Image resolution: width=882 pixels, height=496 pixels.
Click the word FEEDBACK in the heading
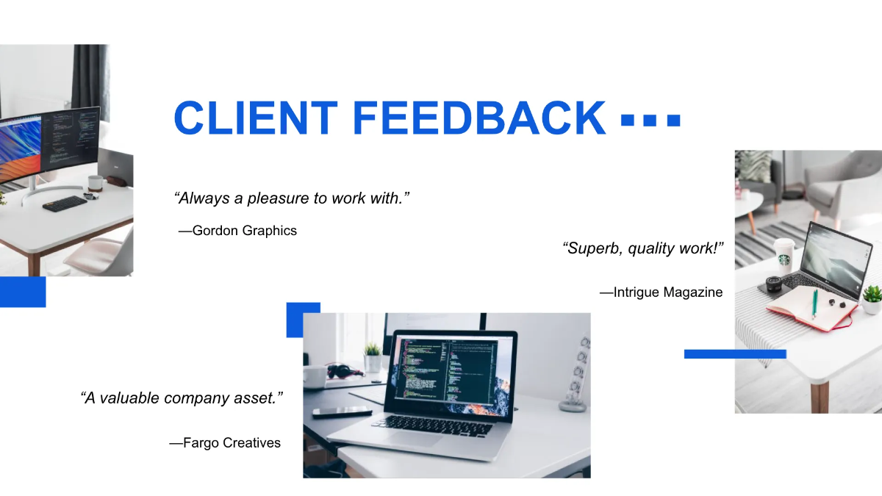(479, 118)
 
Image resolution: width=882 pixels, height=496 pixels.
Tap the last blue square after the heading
(673, 120)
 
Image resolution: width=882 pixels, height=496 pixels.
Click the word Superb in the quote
(592, 248)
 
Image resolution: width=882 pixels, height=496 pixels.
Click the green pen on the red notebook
(815, 303)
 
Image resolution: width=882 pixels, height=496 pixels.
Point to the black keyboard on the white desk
(65, 203)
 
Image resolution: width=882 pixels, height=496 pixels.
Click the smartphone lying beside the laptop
(342, 412)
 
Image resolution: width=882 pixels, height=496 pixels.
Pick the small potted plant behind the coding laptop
(373, 357)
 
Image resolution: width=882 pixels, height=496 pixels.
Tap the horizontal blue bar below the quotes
(735, 354)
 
